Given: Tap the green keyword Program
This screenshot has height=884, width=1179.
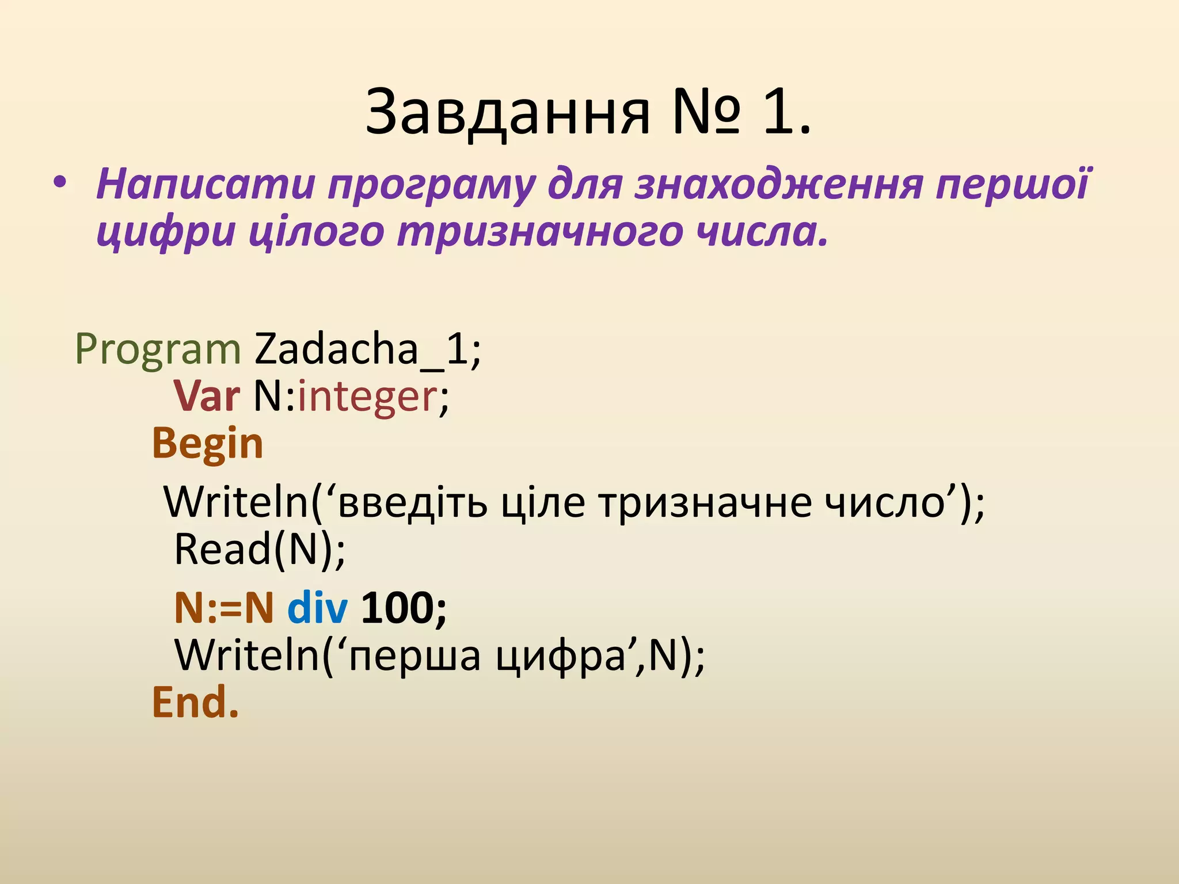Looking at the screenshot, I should coord(157,349).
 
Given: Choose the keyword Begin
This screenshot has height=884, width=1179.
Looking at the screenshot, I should coord(207,444).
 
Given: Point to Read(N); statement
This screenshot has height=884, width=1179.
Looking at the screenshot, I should coord(259,550).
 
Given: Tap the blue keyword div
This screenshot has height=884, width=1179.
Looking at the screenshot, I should coord(317,608).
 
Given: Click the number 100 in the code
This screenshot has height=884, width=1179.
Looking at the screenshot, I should coord(397,608).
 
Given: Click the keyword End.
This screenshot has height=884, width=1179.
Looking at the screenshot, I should coord(195,703).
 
